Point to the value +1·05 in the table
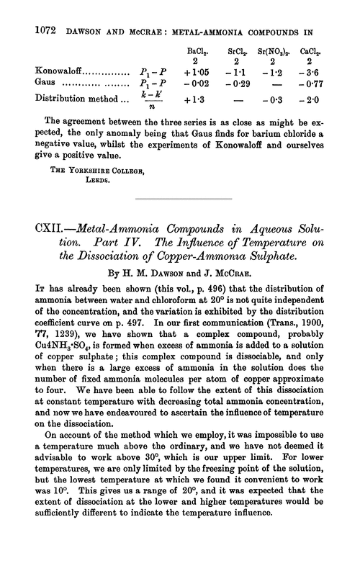click(197, 72)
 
